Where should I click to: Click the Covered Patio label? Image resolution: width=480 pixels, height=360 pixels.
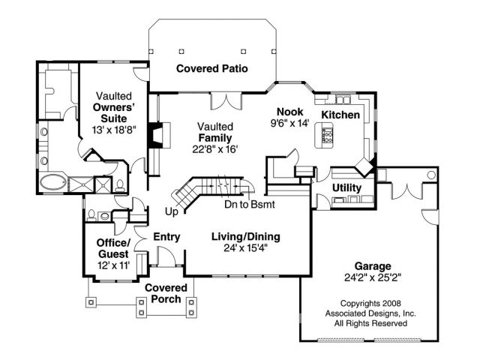point(212,69)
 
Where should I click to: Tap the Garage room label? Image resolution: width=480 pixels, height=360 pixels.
point(373,265)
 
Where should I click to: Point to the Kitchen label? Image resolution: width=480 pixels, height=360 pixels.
point(340,114)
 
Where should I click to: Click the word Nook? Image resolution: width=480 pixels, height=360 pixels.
point(290,110)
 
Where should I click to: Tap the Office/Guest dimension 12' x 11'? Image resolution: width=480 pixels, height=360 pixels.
point(113,265)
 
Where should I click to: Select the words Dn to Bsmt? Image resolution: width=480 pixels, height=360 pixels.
point(250,204)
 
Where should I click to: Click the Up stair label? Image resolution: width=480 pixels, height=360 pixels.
point(172,211)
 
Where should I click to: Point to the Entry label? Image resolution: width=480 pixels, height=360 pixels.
point(166,238)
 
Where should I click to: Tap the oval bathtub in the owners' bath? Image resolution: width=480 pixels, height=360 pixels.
point(54,182)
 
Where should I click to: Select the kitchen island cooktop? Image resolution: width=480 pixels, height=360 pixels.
point(327,135)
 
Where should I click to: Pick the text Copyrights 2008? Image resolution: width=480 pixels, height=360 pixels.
point(370,304)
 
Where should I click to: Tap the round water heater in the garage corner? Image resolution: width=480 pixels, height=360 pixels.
point(431,175)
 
